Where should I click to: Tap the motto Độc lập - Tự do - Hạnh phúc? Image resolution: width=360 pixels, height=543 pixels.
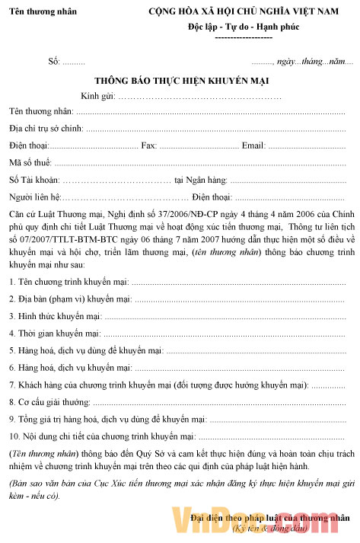tap(244, 27)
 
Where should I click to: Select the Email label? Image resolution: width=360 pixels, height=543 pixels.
tap(253, 145)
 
